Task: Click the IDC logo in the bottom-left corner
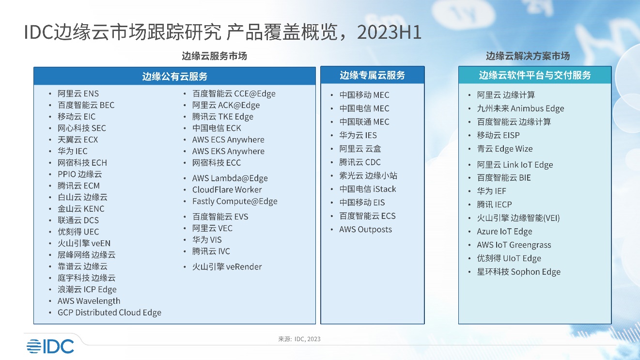pos(50,346)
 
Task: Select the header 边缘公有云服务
pos(174,76)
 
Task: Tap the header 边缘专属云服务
pos(372,75)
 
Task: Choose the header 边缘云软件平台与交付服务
pos(535,75)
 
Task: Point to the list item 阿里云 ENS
pos(78,94)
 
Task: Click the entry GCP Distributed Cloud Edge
pos(109,313)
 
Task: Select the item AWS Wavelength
pos(89,301)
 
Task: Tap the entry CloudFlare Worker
pos(227,190)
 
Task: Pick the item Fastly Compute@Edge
pos(235,202)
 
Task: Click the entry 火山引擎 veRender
pos(227,267)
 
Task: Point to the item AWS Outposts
pos(365,230)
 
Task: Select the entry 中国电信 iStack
pos(367,189)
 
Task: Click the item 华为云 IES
pos(358,135)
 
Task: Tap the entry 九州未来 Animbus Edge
pos(520,109)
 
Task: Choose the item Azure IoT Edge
pos(504,232)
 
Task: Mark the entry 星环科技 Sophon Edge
pos(518,272)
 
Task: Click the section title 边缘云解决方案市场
pos(528,56)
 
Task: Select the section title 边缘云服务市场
pos(214,56)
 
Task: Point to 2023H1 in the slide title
pos(389,32)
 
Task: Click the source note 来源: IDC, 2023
pos(299,339)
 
